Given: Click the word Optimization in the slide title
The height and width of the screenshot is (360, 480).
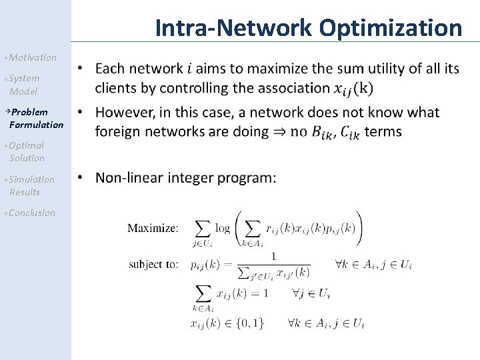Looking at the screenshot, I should pos(390,28).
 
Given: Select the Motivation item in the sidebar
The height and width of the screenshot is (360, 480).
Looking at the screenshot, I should pos(33,57).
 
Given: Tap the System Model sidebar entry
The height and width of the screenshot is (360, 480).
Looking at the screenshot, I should pos(24,84).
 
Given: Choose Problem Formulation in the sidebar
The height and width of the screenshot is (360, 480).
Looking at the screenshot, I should pos(36,118).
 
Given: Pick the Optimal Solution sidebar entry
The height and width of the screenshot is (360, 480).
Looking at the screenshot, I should pos(27,151).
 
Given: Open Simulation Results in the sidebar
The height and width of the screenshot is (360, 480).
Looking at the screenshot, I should pos(31,185).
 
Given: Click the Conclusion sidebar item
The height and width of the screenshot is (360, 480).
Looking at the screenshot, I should pos(32,213).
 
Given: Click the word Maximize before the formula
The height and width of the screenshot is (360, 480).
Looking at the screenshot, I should pos(153,228).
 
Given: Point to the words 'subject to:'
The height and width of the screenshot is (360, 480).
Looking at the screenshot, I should pos(153,264).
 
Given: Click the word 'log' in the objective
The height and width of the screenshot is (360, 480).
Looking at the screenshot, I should pos(222,228).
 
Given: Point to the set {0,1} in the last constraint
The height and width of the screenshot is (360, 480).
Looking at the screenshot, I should pos(250,323).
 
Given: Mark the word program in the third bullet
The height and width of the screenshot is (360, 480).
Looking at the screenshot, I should pos(247,179).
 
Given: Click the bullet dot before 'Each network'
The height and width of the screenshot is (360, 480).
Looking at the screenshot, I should pos(81,69).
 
